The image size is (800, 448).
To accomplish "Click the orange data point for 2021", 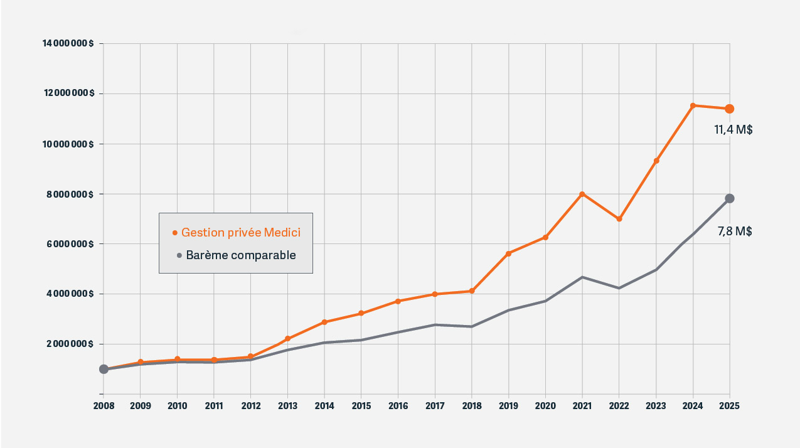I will click(582, 194).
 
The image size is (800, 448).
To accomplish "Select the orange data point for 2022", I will click(619, 219).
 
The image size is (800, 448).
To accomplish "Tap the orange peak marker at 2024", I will click(693, 105).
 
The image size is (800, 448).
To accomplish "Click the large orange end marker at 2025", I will click(730, 109).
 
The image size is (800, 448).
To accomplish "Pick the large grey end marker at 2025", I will click(730, 198).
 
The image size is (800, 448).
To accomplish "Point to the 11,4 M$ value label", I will click(733, 130).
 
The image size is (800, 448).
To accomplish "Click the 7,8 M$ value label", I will click(734, 232).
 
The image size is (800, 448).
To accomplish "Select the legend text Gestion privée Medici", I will click(241, 233).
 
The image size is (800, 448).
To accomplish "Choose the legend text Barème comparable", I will click(241, 255).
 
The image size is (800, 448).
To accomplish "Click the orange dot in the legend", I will click(175, 233).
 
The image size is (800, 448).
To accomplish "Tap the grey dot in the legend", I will click(179, 255).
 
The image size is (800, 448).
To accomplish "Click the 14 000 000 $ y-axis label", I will click(68, 43).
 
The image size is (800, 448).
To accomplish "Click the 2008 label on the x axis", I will click(104, 406).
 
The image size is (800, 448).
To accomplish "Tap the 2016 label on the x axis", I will click(398, 406).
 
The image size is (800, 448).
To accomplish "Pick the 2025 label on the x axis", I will click(730, 406).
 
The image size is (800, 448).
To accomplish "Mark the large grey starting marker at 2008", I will click(104, 369).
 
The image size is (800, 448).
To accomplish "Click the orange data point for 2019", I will click(508, 253).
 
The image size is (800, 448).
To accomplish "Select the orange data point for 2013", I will click(287, 339).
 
